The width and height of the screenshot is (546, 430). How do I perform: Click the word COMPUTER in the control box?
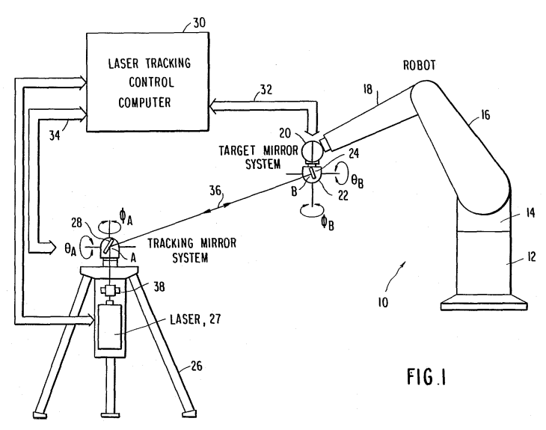point(144,102)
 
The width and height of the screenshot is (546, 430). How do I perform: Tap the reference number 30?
point(199,23)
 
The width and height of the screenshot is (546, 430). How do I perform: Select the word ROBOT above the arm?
point(419,65)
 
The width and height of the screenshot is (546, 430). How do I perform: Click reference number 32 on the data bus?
point(266,90)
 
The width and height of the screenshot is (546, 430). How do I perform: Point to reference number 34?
point(55,135)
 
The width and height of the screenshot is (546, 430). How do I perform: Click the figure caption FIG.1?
point(426,377)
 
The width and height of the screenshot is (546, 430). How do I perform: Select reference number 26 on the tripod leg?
point(197,366)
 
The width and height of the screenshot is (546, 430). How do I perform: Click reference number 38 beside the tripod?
point(159,287)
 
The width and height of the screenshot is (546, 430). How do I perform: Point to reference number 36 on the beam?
point(215,191)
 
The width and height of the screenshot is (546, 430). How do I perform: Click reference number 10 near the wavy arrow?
point(383,302)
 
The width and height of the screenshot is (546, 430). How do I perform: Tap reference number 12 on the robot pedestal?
point(531,257)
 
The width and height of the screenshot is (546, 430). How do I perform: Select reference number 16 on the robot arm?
point(485,115)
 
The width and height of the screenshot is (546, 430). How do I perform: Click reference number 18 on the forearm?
point(368,90)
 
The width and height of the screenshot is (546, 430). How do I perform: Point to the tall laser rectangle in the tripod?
point(110,327)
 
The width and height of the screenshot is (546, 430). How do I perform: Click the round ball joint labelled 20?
point(313,151)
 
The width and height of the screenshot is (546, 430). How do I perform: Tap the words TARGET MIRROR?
point(258,150)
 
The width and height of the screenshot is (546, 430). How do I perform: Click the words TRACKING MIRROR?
point(192,243)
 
